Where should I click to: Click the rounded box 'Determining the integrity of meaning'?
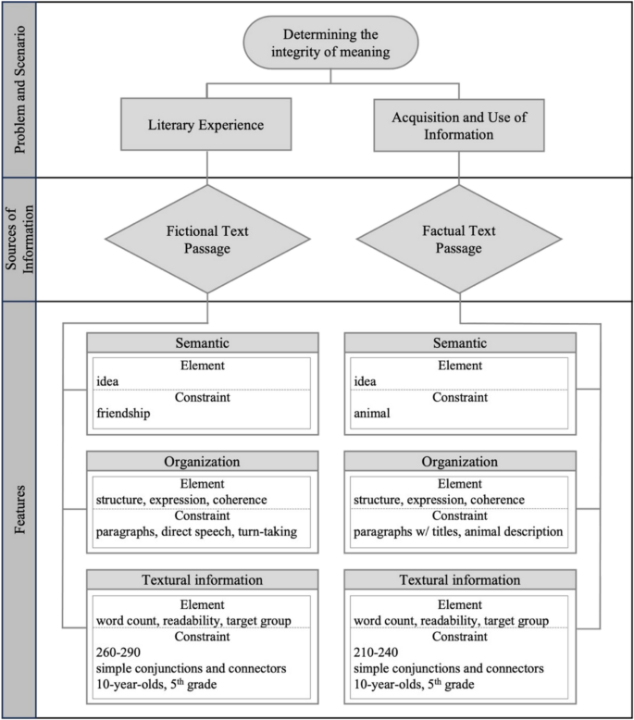click(x=331, y=43)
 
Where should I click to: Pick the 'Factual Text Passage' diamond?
click(x=459, y=240)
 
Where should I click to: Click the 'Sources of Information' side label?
click(x=17, y=240)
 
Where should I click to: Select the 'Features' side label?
click(x=17, y=509)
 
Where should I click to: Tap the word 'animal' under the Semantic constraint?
click(x=373, y=414)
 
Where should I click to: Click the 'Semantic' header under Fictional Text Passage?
click(x=203, y=341)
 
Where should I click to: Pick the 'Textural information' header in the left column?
click(x=203, y=579)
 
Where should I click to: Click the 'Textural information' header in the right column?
click(x=460, y=579)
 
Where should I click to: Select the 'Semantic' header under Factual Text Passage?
click(x=460, y=341)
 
